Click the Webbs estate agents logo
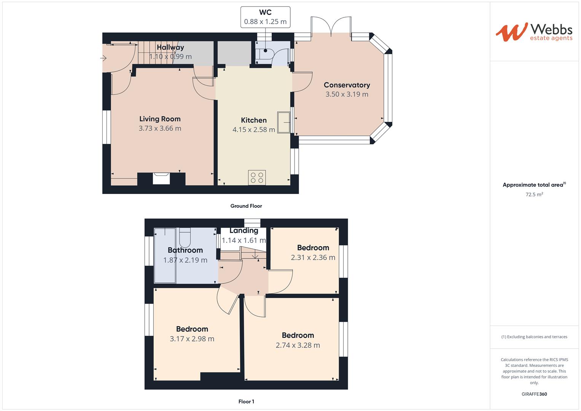[x=533, y=32]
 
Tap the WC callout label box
[x=265, y=17]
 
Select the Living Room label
[x=160, y=119]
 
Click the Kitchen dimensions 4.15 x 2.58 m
[x=254, y=130]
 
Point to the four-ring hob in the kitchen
[x=257, y=177]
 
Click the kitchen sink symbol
[x=284, y=122]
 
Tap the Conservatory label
[x=347, y=85]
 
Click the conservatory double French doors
[x=331, y=27]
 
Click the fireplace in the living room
[x=161, y=178]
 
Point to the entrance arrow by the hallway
[x=103, y=58]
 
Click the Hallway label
[x=170, y=48]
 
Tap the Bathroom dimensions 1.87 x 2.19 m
[x=185, y=260]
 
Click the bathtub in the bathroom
[x=165, y=255]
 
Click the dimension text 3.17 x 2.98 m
[x=192, y=339]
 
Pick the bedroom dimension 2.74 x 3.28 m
[x=298, y=345]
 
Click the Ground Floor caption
[x=246, y=206]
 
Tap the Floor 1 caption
[x=246, y=401]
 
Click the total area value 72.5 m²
[x=534, y=194]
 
